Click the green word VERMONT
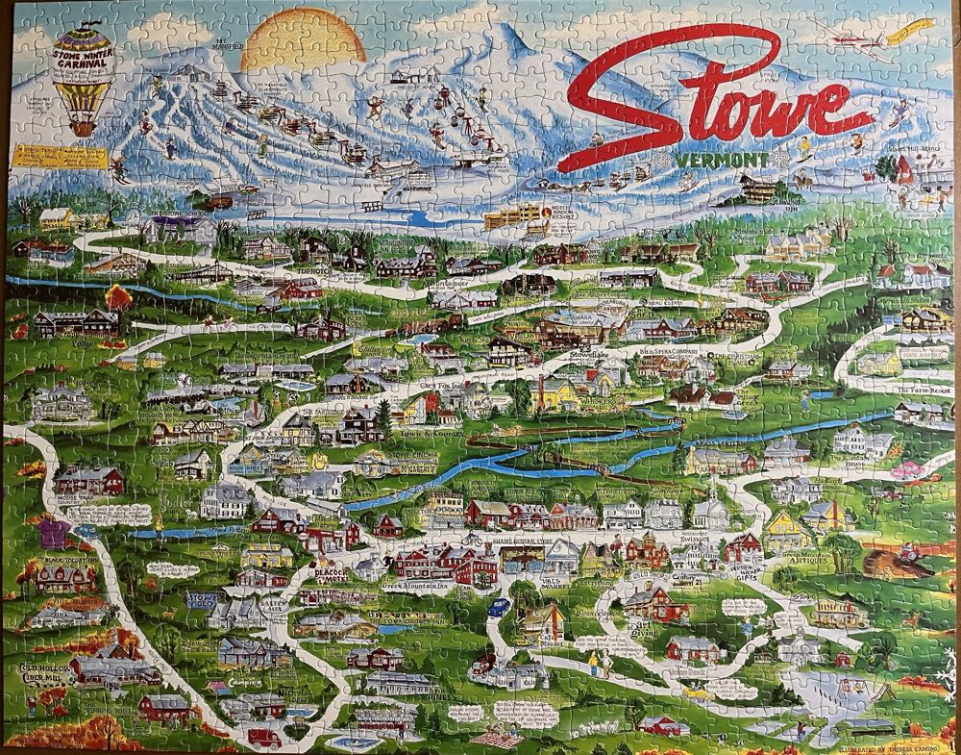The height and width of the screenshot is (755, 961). click(x=712, y=160)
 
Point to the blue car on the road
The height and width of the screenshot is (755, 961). click(x=499, y=606)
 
